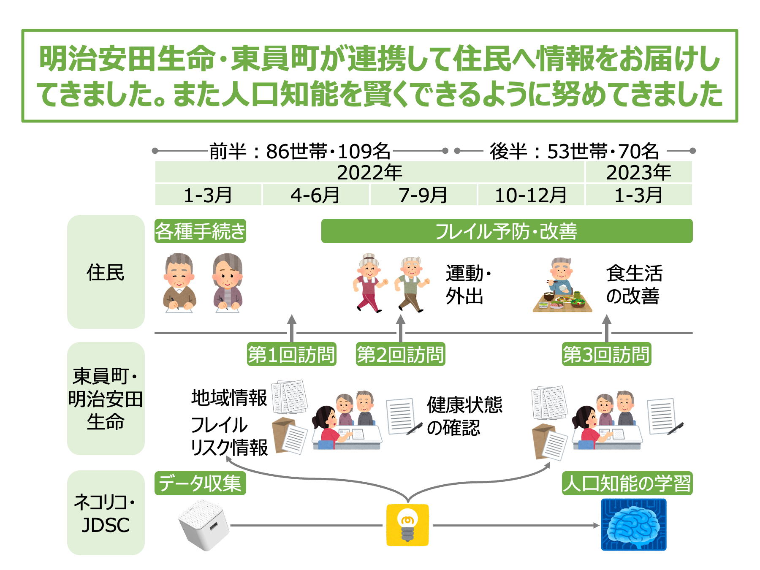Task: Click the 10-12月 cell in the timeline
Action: tap(531, 195)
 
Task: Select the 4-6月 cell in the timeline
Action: tap(315, 195)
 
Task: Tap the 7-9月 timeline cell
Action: tap(423, 195)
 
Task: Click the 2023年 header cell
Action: tap(638, 172)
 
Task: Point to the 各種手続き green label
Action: tap(200, 231)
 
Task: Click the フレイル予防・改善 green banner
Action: tap(507, 231)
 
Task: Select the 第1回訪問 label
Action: tap(291, 354)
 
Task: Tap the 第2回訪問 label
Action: tap(400, 354)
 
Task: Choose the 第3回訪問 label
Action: tap(606, 354)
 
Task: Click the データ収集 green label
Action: tap(200, 483)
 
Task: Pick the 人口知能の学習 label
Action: tap(627, 483)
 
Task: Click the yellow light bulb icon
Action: tap(407, 525)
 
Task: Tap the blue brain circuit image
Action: tap(633, 525)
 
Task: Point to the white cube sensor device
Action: tap(204, 525)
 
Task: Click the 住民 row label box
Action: tap(106, 272)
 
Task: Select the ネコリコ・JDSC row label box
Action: tap(106, 513)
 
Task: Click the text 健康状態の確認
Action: tap(464, 416)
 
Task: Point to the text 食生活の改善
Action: tap(634, 285)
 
